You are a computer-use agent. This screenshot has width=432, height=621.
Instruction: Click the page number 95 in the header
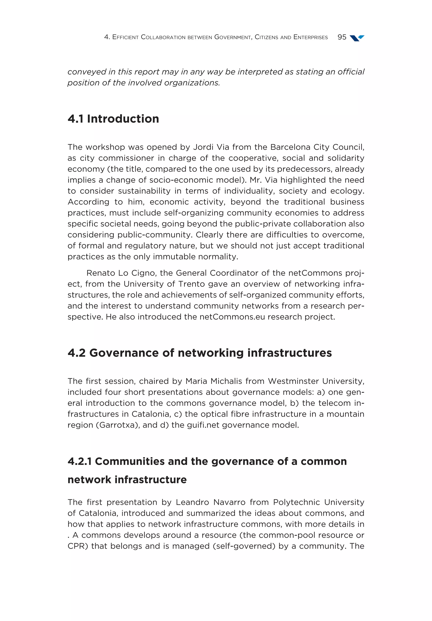click(x=342, y=37)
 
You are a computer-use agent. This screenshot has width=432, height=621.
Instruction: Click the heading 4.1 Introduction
click(x=113, y=119)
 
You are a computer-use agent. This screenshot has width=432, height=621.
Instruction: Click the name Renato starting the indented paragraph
click(x=100, y=273)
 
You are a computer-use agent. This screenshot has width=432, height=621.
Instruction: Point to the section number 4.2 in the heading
click(x=77, y=353)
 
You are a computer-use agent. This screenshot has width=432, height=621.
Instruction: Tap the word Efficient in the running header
click(x=125, y=37)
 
